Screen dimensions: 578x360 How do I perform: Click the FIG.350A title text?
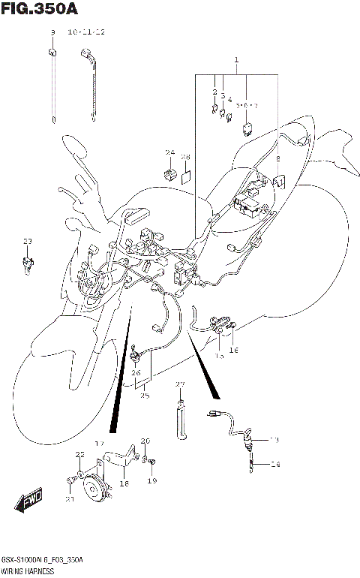(40, 9)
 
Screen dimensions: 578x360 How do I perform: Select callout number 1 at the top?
(235, 59)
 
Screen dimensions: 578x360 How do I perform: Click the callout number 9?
(52, 33)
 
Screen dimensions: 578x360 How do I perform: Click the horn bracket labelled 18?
(120, 460)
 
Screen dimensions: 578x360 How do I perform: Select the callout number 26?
(136, 372)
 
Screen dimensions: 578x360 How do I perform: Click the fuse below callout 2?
(214, 107)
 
